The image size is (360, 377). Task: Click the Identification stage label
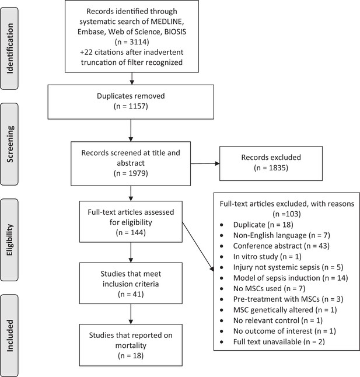pos(9,48)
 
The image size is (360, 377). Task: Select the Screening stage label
pos(9,144)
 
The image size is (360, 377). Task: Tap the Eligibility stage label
pos(9,240)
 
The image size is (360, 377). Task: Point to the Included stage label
pos(9,336)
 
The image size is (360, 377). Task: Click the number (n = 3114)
pos(132,42)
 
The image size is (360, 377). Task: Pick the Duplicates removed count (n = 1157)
pos(131,106)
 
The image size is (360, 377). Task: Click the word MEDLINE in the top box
pos(167,22)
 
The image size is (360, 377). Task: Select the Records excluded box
pos(271,163)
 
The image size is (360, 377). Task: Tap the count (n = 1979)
pos(131,173)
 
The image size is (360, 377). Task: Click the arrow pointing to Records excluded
pos(205,163)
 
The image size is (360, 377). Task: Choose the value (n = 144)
pos(131,232)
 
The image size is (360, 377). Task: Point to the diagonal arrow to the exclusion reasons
pos(198,247)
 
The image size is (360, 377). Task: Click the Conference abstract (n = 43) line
pos(281,246)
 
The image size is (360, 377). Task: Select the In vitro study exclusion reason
pos(267,257)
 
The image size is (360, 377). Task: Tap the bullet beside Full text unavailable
pos(222,342)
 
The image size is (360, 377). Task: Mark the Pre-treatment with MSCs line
pos(288,299)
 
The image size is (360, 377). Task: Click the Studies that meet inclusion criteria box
pos(131,283)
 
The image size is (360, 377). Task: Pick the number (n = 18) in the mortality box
pos(131,355)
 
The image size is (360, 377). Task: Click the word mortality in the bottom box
pos(131,345)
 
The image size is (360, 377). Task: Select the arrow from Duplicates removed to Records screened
pos(131,130)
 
